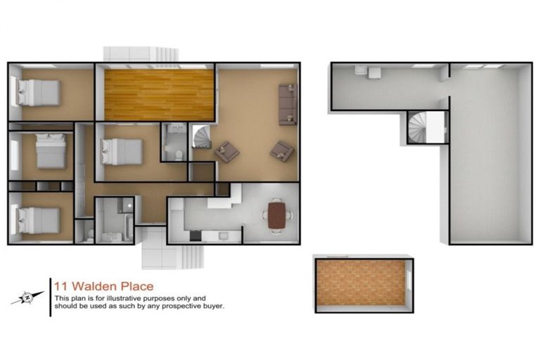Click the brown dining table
click(277, 215)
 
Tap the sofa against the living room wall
click(287, 105)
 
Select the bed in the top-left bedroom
click(38, 91)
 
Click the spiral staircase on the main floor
click(202, 136)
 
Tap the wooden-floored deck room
click(159, 94)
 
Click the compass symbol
click(27, 297)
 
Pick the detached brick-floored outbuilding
click(362, 282)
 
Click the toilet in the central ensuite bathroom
click(179, 154)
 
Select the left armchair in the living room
click(226, 151)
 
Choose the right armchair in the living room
click(282, 150)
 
